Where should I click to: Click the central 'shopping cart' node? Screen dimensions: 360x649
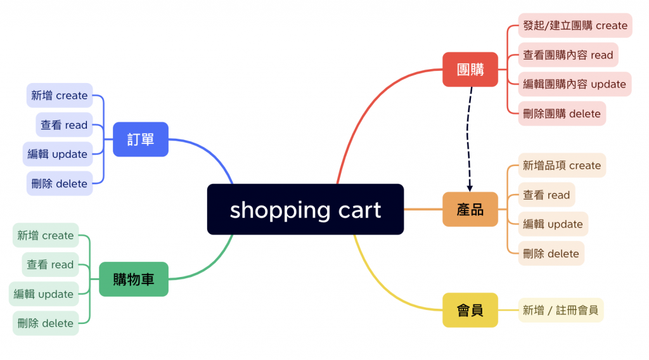305,209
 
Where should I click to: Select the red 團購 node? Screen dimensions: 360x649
470,69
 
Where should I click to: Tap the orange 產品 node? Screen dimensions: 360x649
470,209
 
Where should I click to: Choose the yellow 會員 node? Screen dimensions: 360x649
470,310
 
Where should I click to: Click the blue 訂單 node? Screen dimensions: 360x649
140,139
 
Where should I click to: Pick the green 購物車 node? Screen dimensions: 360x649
133,279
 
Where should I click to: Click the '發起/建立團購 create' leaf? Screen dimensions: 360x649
575,25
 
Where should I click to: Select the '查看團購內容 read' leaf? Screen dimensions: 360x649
568,55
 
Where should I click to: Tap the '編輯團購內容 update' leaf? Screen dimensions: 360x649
574,84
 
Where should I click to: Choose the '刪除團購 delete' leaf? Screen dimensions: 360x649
562,114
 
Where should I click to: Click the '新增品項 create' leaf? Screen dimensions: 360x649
562,165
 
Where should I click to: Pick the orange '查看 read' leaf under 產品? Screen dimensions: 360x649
546,195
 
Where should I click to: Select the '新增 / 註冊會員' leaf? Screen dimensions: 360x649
560,310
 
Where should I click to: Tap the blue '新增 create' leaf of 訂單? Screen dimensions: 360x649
60,96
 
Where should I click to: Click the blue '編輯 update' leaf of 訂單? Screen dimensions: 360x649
58,154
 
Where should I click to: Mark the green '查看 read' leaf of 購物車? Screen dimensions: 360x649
50,264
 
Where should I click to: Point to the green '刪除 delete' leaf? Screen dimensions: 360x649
46,323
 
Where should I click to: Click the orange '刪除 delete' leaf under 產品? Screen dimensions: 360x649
551,254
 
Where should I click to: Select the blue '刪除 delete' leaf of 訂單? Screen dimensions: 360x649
60,184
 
